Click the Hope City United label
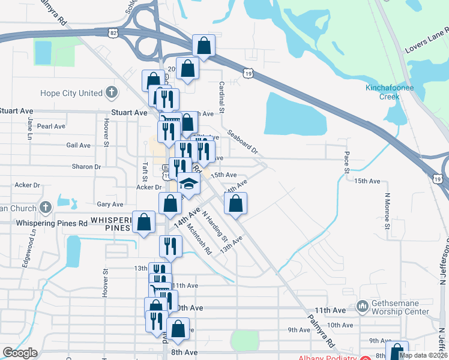(71, 93)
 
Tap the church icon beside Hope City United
(111, 92)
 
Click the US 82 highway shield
(115, 34)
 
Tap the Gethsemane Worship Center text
(400, 307)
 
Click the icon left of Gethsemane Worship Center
(362, 307)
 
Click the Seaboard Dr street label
(242, 142)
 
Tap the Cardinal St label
(221, 98)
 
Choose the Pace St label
(346, 162)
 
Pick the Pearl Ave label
(51, 127)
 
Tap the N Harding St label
(214, 226)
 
